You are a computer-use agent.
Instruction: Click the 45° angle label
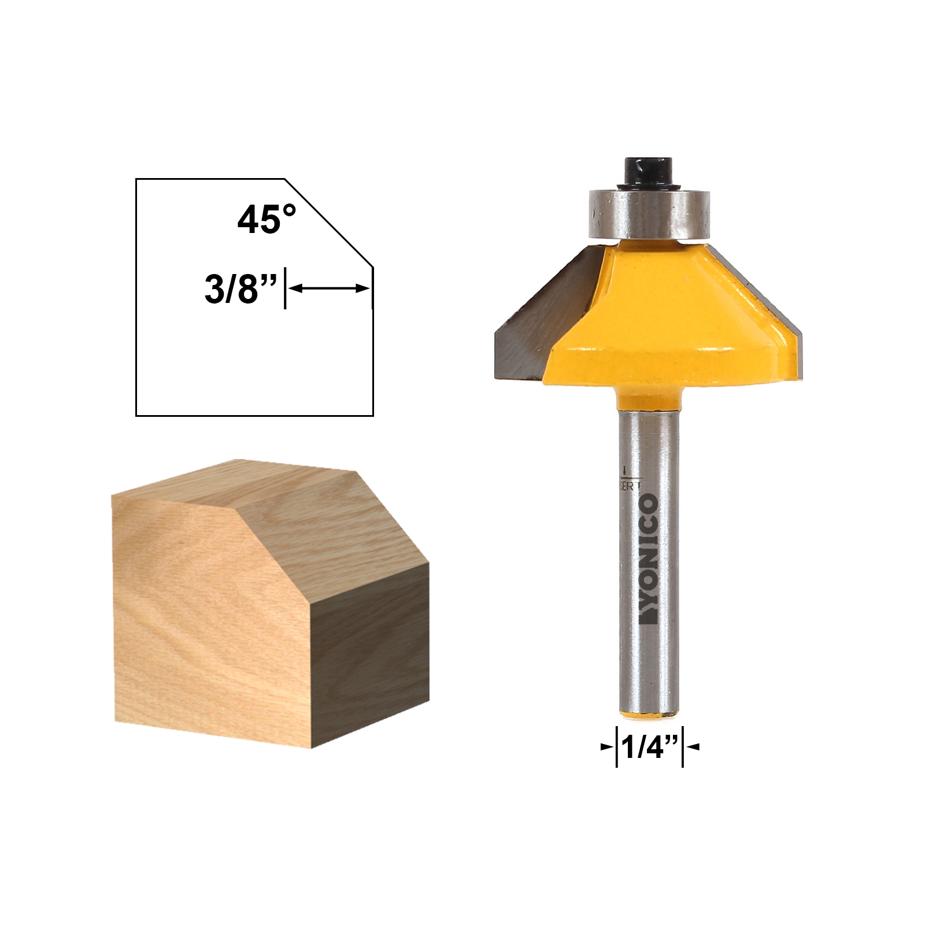coord(267,220)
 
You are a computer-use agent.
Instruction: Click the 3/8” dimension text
coord(239,289)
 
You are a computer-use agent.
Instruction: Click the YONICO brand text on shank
coord(649,558)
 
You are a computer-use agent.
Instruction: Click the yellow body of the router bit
coord(665,324)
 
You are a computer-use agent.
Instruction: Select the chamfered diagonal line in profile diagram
coord(328,223)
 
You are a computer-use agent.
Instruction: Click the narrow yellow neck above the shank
coord(648,400)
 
